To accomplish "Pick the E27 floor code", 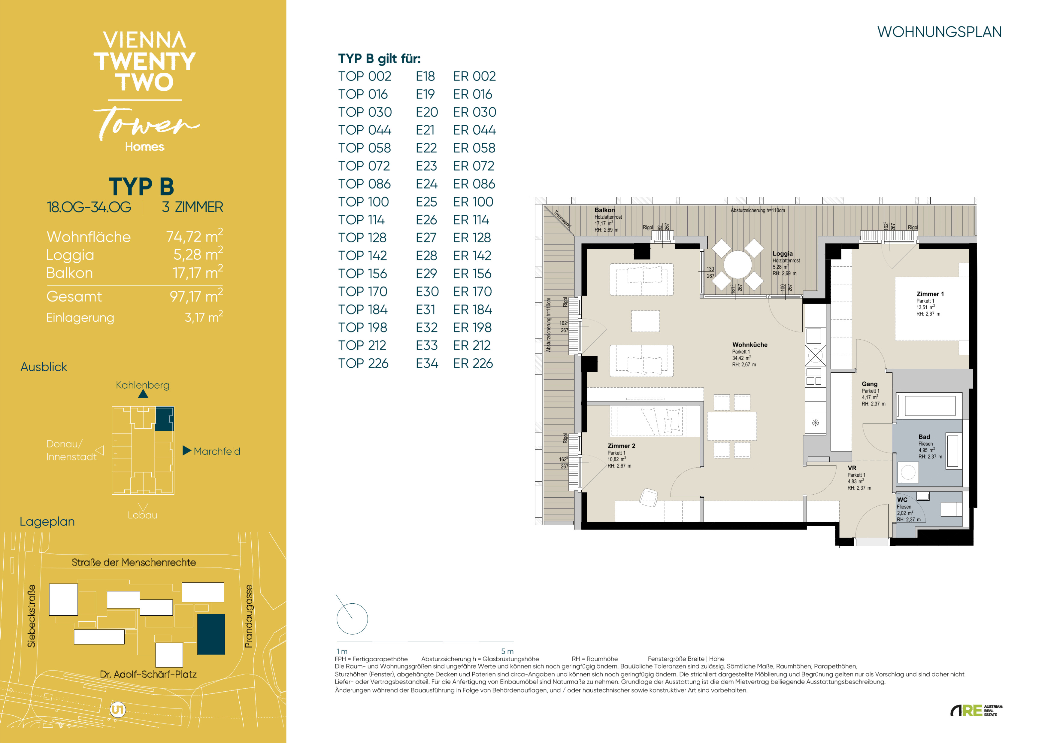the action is [x=426, y=238].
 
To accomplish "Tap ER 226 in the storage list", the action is [x=473, y=363].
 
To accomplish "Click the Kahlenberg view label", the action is [x=142, y=385].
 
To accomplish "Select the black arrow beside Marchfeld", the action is [x=187, y=450].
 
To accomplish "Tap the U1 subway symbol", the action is [x=118, y=710].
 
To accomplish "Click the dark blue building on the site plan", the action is [x=211, y=634].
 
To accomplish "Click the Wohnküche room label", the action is [x=750, y=345].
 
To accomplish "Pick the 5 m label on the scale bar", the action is [x=507, y=651].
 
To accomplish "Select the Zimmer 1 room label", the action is [x=930, y=294].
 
